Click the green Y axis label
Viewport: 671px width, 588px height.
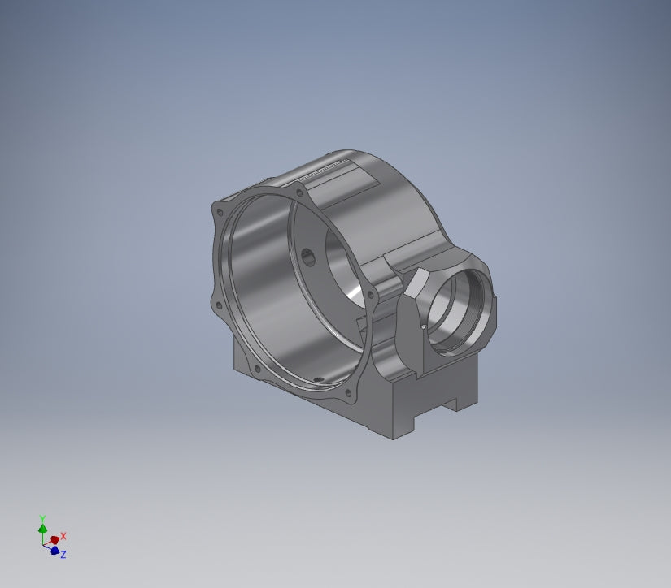point(42,518)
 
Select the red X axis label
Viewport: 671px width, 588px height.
point(63,536)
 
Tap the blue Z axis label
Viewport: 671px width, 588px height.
point(63,555)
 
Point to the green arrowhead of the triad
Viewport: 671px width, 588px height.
point(42,529)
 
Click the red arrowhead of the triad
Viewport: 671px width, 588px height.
point(54,540)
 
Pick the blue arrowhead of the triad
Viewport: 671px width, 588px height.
point(54,551)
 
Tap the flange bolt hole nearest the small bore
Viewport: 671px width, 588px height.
point(370,294)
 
